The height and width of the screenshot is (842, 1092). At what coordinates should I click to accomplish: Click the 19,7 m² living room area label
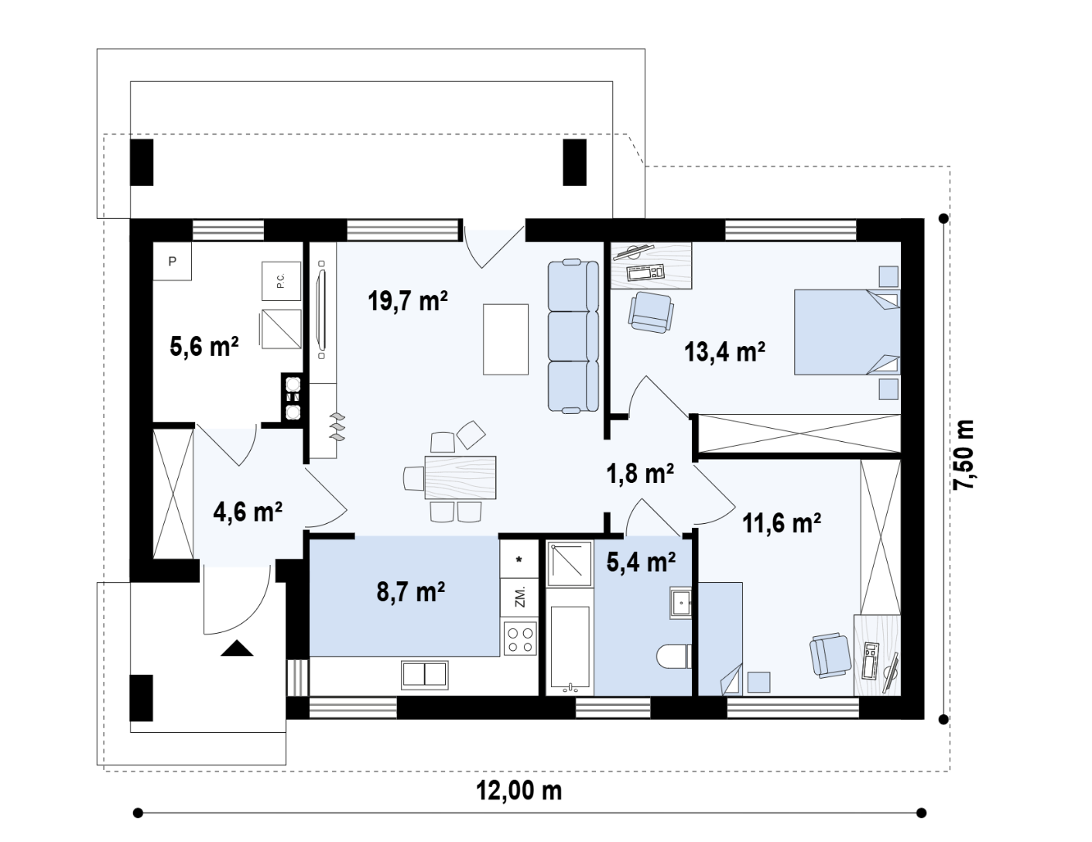(408, 301)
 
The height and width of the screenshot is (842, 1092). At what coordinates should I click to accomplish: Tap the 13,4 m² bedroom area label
(724, 351)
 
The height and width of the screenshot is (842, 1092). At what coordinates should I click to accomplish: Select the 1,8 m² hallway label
(640, 474)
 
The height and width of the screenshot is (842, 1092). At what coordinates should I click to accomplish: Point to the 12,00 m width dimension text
(519, 791)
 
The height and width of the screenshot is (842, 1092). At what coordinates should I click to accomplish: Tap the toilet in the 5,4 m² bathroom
(674, 656)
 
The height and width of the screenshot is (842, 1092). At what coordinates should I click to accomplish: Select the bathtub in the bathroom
(570, 645)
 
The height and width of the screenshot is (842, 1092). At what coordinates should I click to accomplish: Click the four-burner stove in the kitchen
(519, 638)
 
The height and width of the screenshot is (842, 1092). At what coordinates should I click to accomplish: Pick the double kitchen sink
(424, 675)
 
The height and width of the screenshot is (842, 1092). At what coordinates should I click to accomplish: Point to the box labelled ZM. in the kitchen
(519, 597)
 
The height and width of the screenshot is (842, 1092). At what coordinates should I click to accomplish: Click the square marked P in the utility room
(172, 262)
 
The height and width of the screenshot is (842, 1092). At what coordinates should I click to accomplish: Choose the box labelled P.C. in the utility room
(281, 281)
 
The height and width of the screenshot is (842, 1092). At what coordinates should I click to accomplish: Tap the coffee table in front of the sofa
(505, 339)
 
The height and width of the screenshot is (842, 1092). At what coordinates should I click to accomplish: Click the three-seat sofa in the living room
(573, 337)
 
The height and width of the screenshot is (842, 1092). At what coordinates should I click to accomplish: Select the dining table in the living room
(460, 477)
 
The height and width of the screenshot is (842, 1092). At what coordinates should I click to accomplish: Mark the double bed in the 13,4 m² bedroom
(847, 331)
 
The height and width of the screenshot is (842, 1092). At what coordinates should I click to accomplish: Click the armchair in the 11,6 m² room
(829, 655)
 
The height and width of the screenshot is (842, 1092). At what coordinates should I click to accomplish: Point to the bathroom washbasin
(680, 602)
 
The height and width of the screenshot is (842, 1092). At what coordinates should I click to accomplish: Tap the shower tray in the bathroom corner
(570, 563)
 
